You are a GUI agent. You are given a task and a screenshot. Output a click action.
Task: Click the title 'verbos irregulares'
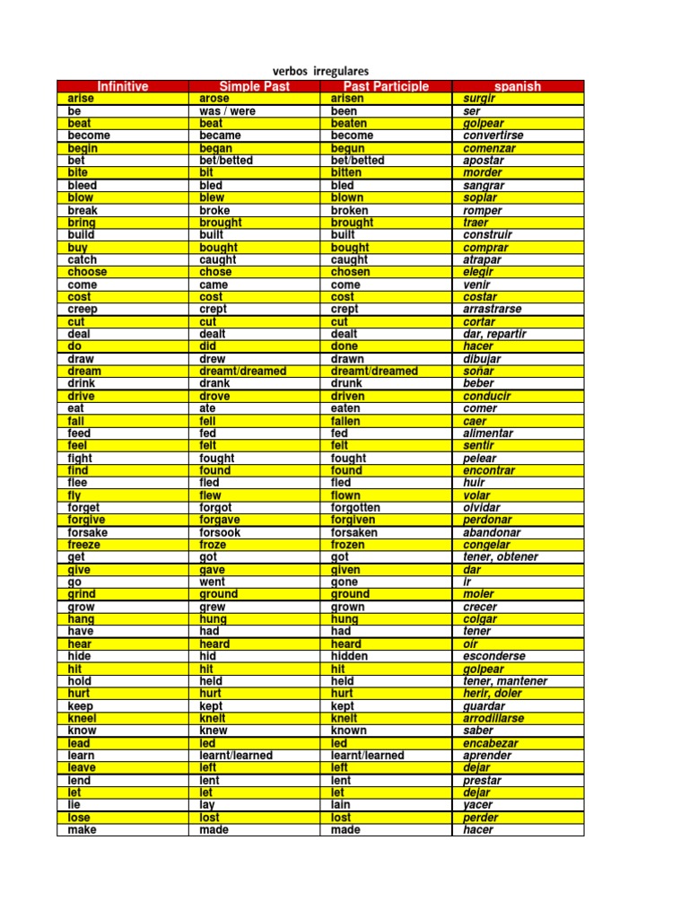[320, 71]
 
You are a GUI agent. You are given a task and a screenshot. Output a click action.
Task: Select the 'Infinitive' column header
[123, 86]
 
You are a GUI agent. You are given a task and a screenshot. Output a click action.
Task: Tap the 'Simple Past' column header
[255, 86]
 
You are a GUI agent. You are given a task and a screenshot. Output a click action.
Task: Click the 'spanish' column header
[518, 86]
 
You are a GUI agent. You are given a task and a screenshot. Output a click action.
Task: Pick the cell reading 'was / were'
[228, 111]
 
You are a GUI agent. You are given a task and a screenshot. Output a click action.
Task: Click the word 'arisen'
[348, 99]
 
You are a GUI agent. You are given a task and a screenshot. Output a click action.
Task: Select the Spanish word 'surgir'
[480, 99]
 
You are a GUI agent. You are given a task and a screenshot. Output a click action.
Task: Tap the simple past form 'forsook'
[220, 532]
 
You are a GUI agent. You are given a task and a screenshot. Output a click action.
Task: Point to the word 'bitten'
[346, 172]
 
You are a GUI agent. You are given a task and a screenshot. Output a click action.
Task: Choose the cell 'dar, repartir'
[494, 334]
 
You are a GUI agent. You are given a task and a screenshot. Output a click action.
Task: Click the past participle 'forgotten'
[355, 508]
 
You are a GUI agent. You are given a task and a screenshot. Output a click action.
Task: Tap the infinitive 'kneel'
[83, 718]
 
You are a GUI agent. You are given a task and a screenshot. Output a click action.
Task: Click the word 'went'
[213, 582]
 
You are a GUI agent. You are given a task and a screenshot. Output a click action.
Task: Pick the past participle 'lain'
[342, 805]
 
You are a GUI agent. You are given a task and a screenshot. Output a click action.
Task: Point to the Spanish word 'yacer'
[479, 805]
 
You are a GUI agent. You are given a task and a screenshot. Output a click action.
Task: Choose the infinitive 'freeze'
[84, 545]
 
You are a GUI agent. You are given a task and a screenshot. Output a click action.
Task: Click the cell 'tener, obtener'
[501, 557]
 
